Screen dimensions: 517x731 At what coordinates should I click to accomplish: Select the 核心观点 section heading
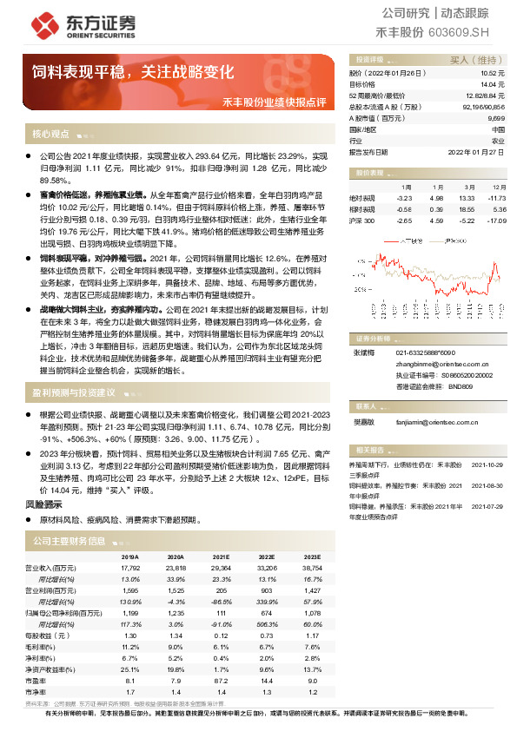(50, 134)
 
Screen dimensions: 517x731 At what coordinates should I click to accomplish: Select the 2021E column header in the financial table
(223, 556)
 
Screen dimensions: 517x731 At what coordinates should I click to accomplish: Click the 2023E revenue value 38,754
(309, 568)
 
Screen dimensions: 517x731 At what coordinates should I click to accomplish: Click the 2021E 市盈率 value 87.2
(222, 681)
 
